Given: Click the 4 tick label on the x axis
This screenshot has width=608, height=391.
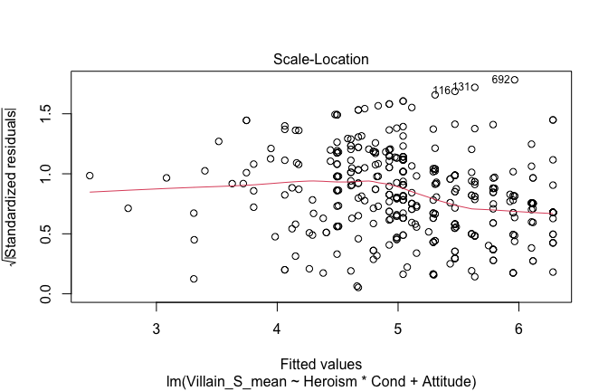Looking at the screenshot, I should tap(277, 325).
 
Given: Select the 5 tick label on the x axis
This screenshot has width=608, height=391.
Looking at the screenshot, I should tap(397, 325).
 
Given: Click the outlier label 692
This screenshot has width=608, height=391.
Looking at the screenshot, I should tap(500, 80).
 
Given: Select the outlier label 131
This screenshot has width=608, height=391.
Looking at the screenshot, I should tap(461, 87).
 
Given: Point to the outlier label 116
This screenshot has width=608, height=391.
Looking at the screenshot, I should tap(442, 91).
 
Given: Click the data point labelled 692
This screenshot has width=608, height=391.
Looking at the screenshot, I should tap(515, 80).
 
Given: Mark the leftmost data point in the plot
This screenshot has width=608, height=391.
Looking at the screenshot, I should tap(90, 176).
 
